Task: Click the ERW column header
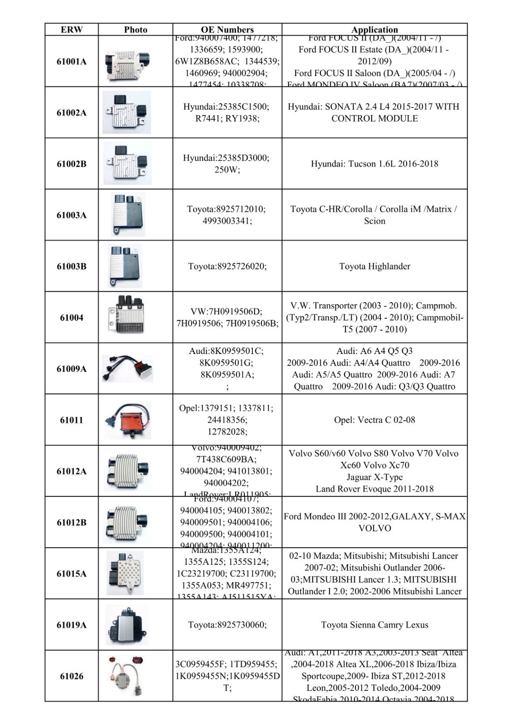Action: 72,30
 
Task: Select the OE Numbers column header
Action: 227,30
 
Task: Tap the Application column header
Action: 374,30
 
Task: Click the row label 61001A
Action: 72,62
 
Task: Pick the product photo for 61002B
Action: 128,163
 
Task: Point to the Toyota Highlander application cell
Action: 374,266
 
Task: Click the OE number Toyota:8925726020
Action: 227,266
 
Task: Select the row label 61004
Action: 72,318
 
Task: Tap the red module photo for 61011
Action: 128,420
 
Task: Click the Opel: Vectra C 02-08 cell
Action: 374,420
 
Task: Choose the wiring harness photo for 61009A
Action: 128,369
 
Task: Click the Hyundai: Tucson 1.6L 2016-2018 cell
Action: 374,164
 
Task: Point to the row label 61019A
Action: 72,625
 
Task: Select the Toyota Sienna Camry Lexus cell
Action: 374,625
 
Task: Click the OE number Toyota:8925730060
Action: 227,625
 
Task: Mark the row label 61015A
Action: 72,574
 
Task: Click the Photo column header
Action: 136,30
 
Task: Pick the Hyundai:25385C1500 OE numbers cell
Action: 227,112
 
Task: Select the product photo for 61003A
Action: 128,215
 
